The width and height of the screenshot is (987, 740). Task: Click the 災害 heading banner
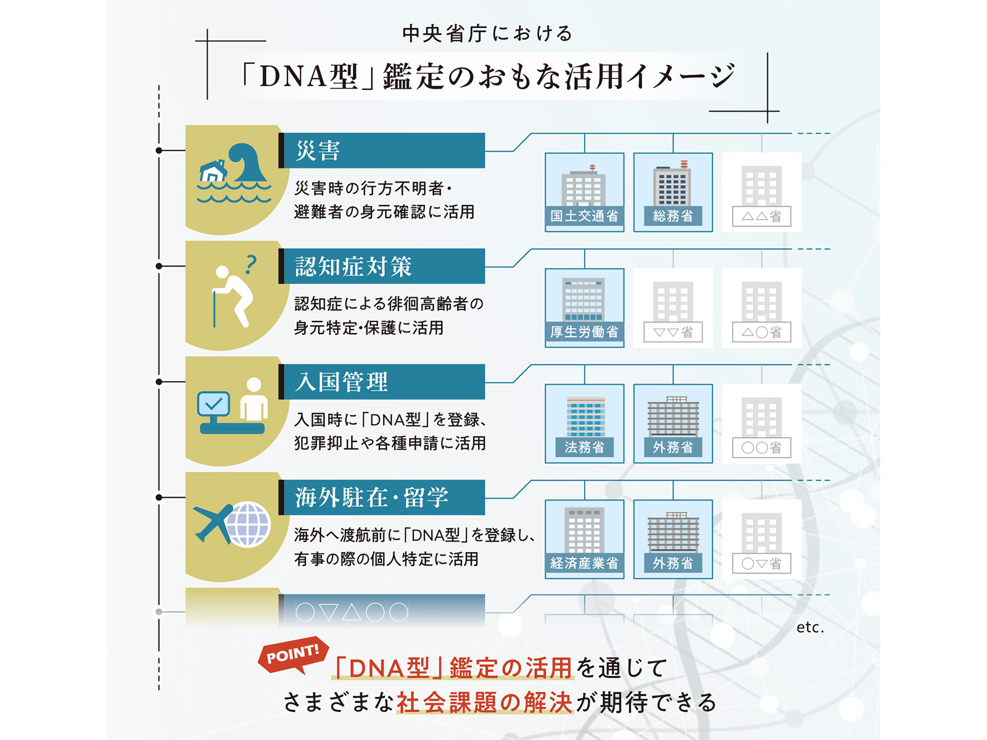click(381, 150)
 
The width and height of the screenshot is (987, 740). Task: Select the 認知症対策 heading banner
click(381, 266)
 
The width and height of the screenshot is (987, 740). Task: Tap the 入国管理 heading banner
click(381, 382)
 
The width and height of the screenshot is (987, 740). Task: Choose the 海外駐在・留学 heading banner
click(381, 497)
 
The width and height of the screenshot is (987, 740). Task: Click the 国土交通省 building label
click(584, 216)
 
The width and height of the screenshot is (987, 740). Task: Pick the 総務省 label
click(672, 216)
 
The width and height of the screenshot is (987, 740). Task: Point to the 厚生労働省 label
click(584, 332)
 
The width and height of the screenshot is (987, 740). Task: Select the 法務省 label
click(584, 447)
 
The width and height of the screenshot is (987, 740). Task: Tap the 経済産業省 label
click(584, 562)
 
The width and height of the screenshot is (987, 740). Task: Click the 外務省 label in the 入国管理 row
click(672, 447)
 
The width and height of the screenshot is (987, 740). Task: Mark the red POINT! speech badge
click(293, 654)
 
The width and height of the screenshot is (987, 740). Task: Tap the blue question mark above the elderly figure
click(250, 264)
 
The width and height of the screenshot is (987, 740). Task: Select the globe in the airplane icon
click(248, 524)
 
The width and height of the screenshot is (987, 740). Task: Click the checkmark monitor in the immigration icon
click(213, 405)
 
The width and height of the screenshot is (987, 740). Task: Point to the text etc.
click(810, 627)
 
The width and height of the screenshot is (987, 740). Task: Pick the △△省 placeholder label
click(761, 216)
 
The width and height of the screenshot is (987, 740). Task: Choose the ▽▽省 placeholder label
click(672, 332)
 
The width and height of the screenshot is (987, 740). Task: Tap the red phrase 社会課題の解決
click(484, 702)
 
